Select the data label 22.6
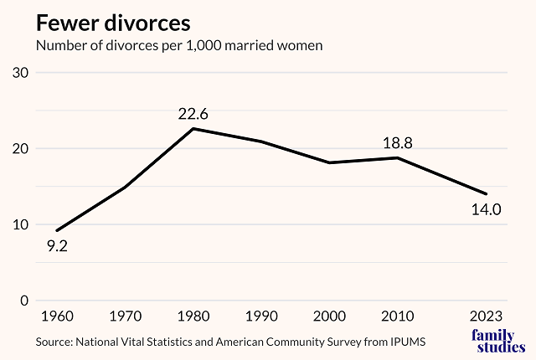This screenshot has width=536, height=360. click(x=193, y=113)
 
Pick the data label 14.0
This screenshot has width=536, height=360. click(x=485, y=210)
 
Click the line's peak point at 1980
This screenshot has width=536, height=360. click(x=194, y=128)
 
